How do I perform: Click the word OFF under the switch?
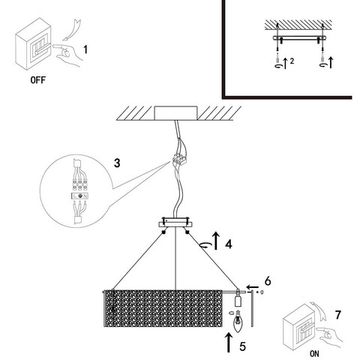click(38, 80)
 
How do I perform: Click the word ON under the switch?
click(314, 354)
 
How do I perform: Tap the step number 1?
click(86, 50)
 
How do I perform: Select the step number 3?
click(117, 163)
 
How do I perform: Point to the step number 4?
click(228, 244)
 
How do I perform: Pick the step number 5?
click(243, 346)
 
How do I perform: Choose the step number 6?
click(268, 281)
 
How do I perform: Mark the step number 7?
click(338, 315)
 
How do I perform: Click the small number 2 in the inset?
click(292, 61)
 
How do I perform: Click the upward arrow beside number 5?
click(228, 342)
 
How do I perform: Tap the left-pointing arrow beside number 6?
click(253, 287)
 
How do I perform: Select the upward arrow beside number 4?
click(216, 241)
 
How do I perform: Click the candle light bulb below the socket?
click(238, 323)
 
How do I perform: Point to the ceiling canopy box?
click(176, 113)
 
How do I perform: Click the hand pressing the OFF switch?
click(67, 53)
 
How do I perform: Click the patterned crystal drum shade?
click(163, 308)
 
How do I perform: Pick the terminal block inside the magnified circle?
click(80, 197)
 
